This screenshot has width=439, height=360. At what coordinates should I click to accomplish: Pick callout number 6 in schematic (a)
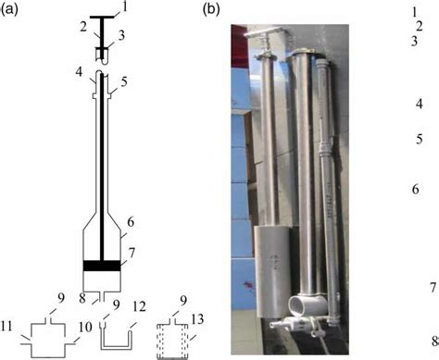tap(131, 223)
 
